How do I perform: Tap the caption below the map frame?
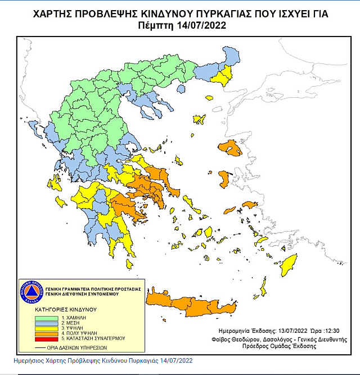(x=103, y=360)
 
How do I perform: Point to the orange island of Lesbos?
(x=231, y=150)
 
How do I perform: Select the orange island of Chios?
(x=224, y=180)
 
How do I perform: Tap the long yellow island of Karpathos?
(x=262, y=287)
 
